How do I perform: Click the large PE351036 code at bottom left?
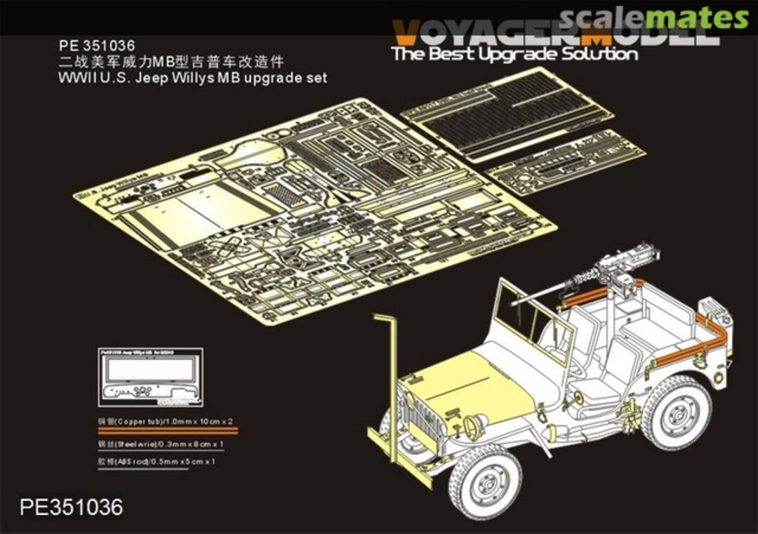72,507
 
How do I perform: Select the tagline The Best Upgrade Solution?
514,54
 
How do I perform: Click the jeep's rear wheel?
677,413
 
